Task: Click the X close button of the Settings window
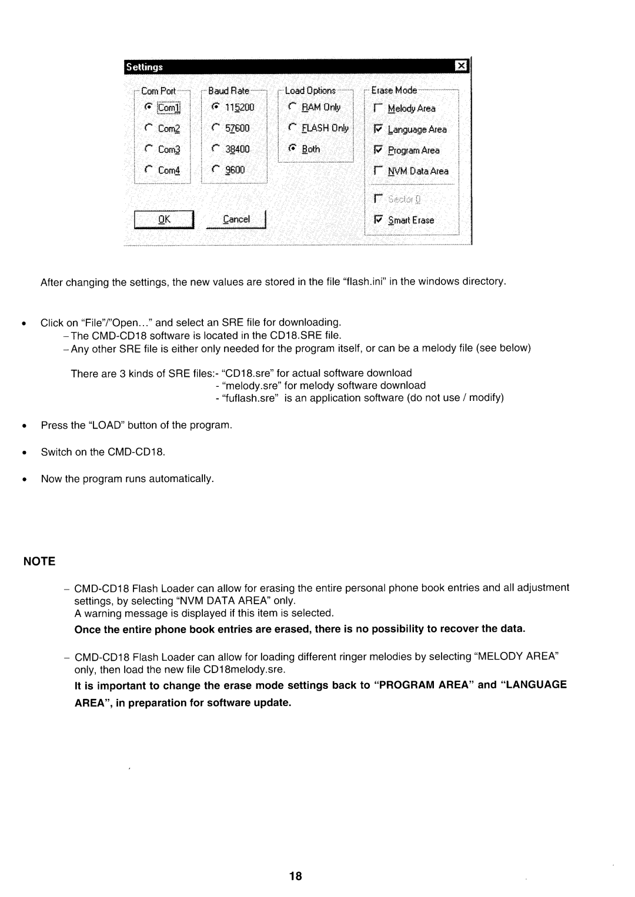[x=462, y=67]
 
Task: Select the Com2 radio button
[x=149, y=129]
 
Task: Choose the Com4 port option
[x=149, y=170]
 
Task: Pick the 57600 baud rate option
[x=216, y=128]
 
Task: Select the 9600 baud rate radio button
[x=216, y=170]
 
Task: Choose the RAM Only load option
[x=293, y=108]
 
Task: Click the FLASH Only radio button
[x=293, y=128]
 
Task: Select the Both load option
[x=293, y=149]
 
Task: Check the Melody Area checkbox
[x=378, y=109]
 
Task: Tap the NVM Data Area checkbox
[x=378, y=172]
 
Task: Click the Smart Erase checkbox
[x=378, y=220]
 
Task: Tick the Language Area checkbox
[x=378, y=129]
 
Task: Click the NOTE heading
[x=39, y=561]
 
